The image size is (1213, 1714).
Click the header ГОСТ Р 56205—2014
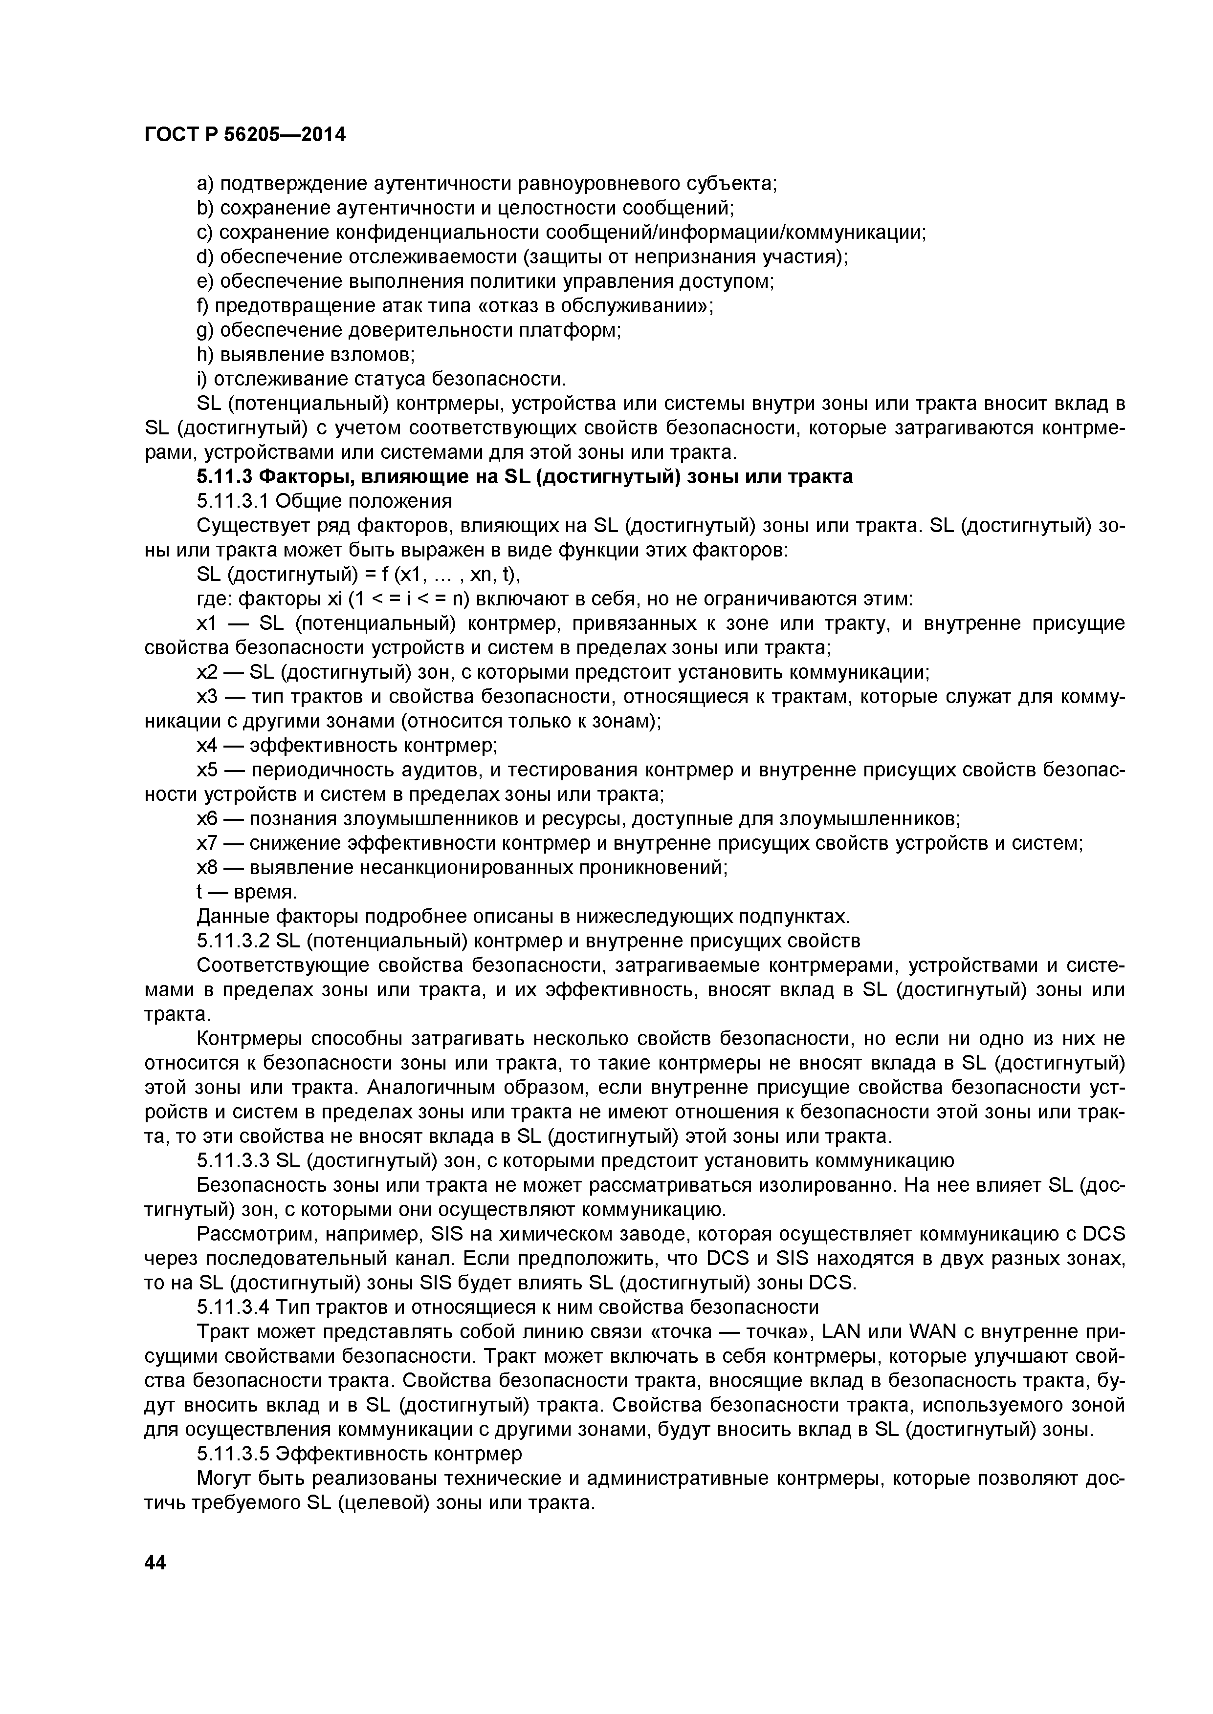[244, 135]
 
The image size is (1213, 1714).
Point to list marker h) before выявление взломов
[205, 355]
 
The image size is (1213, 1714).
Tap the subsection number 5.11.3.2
[233, 941]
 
